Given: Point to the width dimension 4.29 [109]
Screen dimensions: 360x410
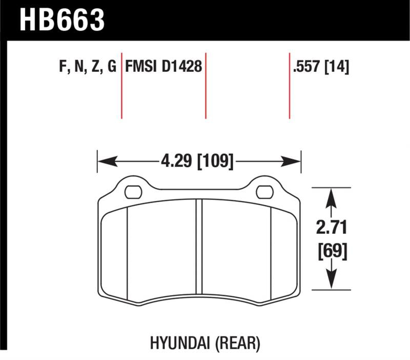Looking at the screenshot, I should coord(197,162).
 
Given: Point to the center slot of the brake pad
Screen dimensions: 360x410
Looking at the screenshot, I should coord(199,251).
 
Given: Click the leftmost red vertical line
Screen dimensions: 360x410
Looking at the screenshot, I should coord(121,85).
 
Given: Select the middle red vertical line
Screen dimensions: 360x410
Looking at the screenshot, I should coord(206,85).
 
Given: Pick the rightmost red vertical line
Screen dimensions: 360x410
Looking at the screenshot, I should coord(290,85).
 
